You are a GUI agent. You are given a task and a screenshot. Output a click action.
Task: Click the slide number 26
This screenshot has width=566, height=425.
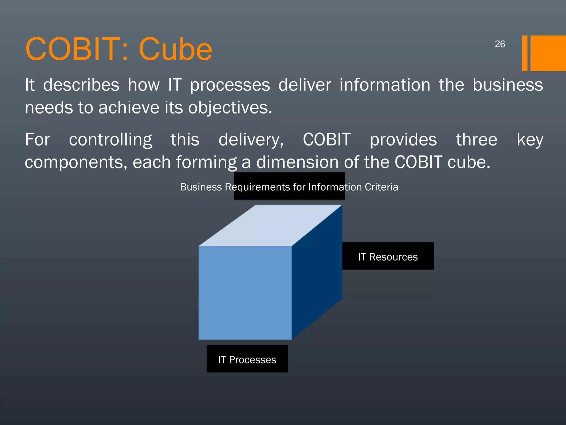point(500,44)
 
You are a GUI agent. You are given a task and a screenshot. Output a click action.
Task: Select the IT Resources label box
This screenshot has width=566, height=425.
point(388,256)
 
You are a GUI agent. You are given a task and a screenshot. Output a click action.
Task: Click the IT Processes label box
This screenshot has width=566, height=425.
point(247,359)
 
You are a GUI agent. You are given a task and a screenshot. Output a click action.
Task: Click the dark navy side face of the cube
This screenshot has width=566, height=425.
point(317,273)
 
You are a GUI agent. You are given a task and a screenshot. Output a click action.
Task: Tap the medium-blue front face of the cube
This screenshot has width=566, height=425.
point(245,293)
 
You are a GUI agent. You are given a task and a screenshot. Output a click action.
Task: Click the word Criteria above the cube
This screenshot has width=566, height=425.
point(381,187)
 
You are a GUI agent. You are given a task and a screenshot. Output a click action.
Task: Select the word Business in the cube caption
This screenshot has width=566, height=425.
point(201,187)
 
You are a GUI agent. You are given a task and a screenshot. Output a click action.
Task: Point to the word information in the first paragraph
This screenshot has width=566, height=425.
point(385,85)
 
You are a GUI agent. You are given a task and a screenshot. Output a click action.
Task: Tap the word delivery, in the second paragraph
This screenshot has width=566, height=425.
point(251,140)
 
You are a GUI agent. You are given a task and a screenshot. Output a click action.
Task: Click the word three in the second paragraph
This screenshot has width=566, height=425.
point(476,140)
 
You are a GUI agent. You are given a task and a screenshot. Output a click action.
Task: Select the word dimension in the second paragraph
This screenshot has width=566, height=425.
point(297,162)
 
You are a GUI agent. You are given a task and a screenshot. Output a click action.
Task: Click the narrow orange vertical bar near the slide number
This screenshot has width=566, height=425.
point(525,53)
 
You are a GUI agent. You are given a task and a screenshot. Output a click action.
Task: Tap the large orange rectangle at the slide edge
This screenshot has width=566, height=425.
point(548,53)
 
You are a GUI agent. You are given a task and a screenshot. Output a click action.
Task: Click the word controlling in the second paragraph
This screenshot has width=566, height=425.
point(110,140)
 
